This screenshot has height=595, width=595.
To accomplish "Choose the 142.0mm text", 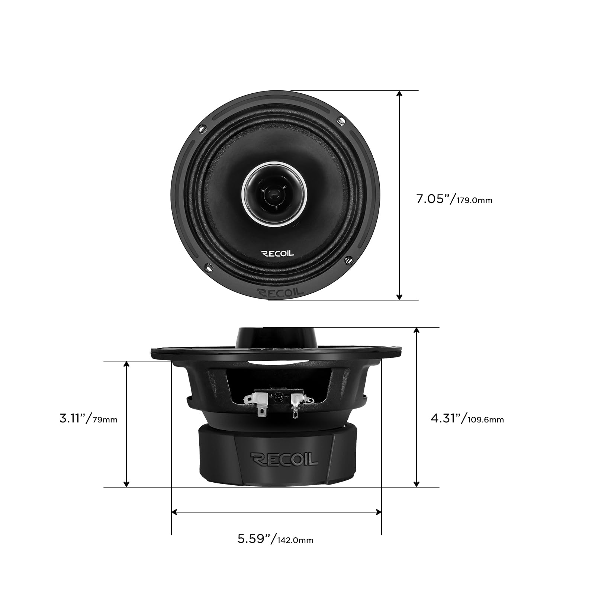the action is [x=295, y=540].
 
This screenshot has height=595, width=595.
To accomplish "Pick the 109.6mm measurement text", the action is [x=485, y=420].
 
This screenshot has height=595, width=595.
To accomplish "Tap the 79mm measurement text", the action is [x=105, y=420].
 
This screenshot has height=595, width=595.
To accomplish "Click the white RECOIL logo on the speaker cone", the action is [x=278, y=254].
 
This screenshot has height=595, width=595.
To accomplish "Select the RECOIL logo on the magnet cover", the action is [x=284, y=459].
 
